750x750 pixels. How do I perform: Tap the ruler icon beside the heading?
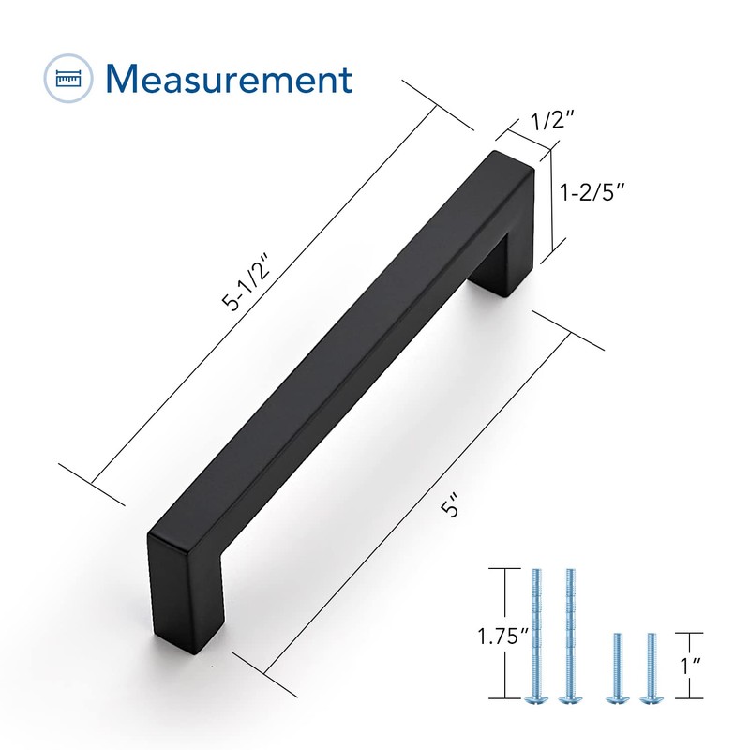(x=69, y=80)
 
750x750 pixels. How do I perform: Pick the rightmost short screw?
(x=646, y=667)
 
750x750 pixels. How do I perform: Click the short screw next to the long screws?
(x=616, y=667)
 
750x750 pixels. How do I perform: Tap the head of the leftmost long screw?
(x=538, y=698)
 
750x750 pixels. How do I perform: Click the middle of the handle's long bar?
(x=337, y=356)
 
